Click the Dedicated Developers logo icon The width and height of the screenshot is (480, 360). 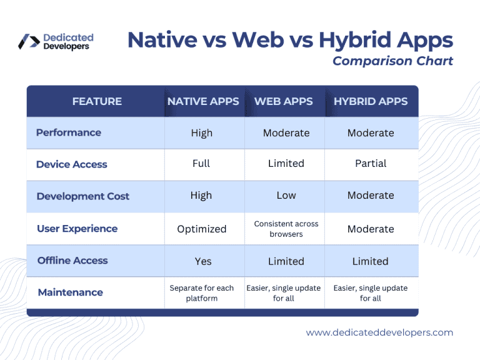click(29, 41)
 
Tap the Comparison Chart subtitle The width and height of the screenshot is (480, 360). click(392, 61)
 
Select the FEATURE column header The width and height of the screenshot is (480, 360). click(97, 101)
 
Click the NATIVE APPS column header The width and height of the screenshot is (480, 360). click(203, 101)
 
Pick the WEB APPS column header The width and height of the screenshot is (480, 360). click(284, 101)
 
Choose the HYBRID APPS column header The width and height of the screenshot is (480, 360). click(371, 101)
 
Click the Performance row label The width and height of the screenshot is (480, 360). click(69, 132)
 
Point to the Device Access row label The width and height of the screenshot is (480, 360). click(72, 164)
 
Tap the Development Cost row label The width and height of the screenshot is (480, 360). click(83, 196)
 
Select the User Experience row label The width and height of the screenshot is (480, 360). click(77, 229)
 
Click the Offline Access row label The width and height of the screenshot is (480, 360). click(72, 261)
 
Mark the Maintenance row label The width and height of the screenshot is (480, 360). click(71, 292)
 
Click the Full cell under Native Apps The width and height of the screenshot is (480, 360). click(201, 164)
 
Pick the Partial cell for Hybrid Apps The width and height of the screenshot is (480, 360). click(371, 164)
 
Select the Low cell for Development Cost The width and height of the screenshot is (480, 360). click(286, 195)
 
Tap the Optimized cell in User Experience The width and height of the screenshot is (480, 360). click(202, 229)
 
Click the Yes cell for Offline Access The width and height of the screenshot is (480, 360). click(203, 261)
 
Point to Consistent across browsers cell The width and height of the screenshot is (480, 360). click(286, 229)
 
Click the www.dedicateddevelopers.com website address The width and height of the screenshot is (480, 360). click(379, 332)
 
